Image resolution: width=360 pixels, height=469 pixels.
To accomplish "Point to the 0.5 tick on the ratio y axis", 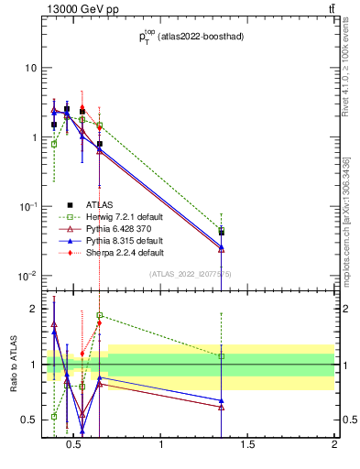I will click(x=28, y=420).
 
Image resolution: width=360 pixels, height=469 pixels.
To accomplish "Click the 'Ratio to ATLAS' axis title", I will click(x=12, y=364).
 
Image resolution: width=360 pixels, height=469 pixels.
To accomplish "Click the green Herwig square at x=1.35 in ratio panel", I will click(x=222, y=355).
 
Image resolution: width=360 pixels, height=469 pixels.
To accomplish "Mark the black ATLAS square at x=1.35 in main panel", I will click(x=222, y=233).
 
